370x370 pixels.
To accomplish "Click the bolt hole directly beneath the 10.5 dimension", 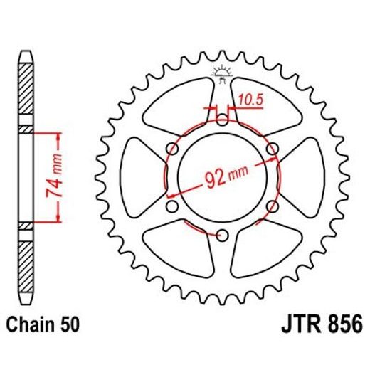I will click(x=223, y=118).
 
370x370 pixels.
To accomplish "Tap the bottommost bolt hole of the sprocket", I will click(x=223, y=236).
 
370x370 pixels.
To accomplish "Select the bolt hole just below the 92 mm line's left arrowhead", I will click(x=171, y=206).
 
